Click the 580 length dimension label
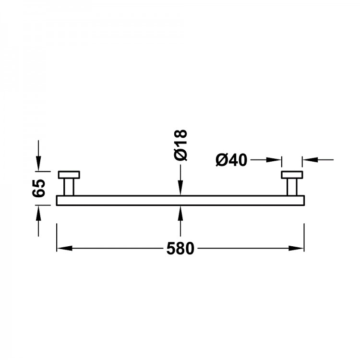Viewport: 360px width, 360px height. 180,249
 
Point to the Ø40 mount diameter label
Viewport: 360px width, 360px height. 231,159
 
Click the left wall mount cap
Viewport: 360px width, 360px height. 70,175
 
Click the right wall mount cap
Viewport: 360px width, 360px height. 292,175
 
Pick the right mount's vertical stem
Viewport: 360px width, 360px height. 292,187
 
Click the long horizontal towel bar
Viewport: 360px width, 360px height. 180,200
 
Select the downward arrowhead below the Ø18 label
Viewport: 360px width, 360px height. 180,190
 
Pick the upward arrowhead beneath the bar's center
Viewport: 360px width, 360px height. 180,211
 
